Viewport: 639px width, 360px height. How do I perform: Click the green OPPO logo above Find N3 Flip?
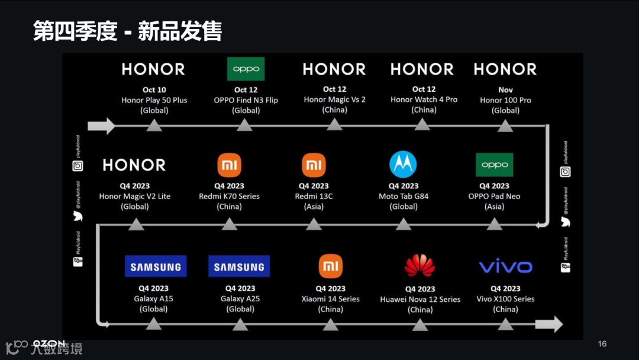(246, 69)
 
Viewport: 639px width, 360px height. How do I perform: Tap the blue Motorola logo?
(403, 164)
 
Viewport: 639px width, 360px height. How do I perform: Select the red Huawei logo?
(419, 266)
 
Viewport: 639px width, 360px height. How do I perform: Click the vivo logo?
(505, 266)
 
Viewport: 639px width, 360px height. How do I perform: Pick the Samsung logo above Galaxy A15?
(156, 266)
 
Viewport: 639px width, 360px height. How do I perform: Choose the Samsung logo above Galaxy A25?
(239, 266)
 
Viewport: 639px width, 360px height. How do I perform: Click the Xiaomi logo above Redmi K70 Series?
(230, 165)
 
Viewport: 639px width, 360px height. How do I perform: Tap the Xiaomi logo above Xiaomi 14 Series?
(331, 266)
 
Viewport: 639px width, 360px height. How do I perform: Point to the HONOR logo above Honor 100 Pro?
(505, 69)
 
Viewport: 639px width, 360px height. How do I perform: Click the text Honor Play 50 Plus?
(154, 100)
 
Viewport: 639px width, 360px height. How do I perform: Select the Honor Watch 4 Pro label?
(424, 99)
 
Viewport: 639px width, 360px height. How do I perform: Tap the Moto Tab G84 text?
(404, 196)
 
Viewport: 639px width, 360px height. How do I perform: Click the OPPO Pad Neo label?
(494, 196)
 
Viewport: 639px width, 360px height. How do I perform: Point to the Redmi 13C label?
(314, 196)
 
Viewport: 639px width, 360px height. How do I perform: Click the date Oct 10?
(154, 90)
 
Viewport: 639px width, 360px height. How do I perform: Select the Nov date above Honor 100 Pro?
(505, 90)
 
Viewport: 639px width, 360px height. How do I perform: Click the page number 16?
(602, 344)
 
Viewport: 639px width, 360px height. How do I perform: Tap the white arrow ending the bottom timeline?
(548, 324)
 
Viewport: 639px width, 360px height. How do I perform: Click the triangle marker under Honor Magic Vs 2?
(334, 124)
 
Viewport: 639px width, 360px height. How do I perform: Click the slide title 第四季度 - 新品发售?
(127, 31)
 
